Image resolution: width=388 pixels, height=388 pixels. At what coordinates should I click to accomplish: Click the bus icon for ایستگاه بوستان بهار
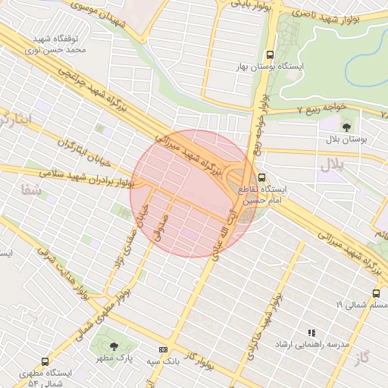coord(270,55)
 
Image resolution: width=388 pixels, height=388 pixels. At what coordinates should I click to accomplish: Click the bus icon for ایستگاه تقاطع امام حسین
coord(261,179)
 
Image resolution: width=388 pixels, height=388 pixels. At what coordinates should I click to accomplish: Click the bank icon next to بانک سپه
coord(163,349)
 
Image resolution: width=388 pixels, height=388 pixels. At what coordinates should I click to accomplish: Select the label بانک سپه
coord(163,361)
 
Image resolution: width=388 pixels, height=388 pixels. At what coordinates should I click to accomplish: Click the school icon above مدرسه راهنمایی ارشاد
coord(311,332)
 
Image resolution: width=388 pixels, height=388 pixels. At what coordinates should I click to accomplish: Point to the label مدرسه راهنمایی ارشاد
coord(312,344)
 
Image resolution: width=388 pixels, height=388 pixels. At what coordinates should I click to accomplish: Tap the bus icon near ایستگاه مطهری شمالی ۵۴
coord(45,361)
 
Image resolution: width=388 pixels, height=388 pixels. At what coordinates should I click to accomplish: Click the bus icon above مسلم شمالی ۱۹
coord(376,293)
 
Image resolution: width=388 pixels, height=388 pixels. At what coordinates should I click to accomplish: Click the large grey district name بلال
coord(332,164)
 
